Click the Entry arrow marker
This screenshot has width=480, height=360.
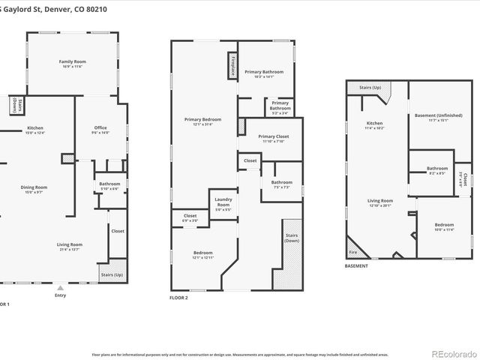(61, 287)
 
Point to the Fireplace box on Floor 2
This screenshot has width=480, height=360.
(232, 65)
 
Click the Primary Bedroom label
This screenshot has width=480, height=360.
(202, 121)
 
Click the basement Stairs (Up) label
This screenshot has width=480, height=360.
(370, 88)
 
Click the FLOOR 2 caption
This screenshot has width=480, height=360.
(178, 298)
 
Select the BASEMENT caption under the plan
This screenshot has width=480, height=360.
(358, 266)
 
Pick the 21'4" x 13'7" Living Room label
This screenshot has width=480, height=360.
(70, 246)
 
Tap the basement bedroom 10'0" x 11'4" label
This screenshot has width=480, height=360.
(443, 227)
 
